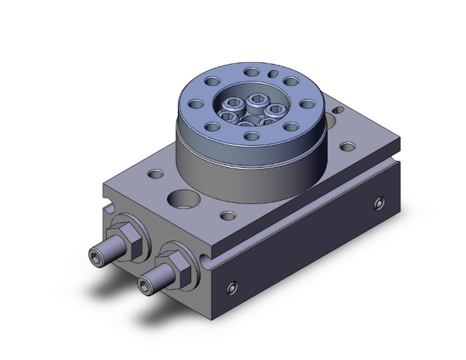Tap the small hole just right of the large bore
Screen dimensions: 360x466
click(227, 217)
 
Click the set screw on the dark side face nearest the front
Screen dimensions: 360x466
click(233, 288)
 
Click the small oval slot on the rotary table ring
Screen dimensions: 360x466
click(273, 74)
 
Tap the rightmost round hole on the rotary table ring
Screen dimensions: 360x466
click(308, 103)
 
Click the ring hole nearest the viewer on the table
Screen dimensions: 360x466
click(252, 136)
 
